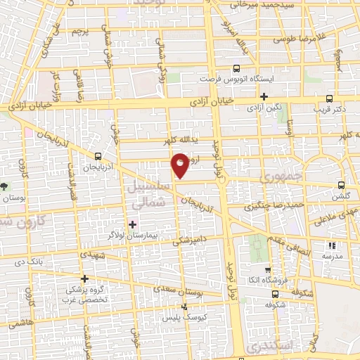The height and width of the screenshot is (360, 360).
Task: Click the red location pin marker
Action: (x=181, y=165)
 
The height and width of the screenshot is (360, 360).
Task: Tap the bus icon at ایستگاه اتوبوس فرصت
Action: (x=236, y=69)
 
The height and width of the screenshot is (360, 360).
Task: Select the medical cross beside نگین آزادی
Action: (x=264, y=96)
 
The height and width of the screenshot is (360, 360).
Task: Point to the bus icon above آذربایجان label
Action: (x=97, y=157)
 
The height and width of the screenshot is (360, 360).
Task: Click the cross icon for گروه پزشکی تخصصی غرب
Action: (x=84, y=278)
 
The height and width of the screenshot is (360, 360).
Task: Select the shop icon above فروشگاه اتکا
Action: (x=267, y=270)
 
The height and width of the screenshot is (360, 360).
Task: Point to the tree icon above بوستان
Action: (x=6, y=187)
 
